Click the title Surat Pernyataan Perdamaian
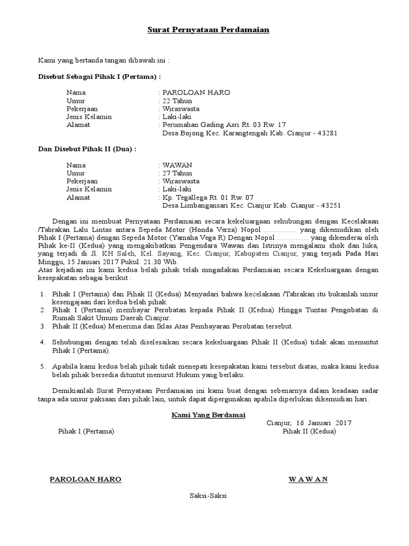tap(208, 30)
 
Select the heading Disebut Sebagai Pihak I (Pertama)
tap(99, 77)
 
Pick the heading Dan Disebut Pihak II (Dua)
tap(87, 149)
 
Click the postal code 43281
tap(327, 133)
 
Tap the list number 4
tap(43, 342)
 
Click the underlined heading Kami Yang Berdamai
tap(208, 415)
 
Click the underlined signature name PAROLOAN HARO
tap(85, 479)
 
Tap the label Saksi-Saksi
tap(208, 495)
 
